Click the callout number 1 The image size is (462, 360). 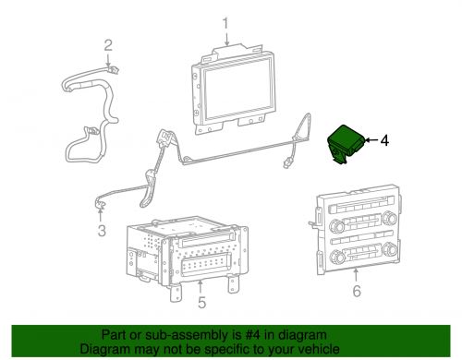(225, 23)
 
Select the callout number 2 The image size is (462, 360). (108, 45)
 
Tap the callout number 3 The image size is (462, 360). (102, 231)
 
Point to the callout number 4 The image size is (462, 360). (384, 140)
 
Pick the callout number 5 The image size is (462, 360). (201, 302)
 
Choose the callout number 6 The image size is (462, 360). (357, 291)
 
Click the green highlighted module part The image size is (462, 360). (346, 144)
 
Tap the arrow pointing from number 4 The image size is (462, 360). (371, 140)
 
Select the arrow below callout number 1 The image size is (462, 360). (226, 39)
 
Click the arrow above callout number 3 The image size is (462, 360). (101, 215)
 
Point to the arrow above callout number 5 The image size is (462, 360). (201, 286)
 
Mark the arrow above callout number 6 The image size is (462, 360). (356, 275)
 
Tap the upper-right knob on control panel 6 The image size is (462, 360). (389, 218)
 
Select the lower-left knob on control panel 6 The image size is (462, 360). (337, 256)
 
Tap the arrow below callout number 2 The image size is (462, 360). (108, 60)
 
